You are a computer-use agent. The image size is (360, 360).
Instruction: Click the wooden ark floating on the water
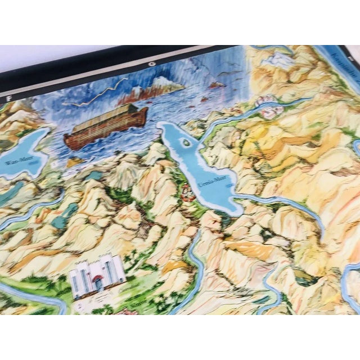pos(106,125)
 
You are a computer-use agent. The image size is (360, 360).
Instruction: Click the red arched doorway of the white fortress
pos(99,283)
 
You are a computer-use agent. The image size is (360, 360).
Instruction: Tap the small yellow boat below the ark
pos(74,163)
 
